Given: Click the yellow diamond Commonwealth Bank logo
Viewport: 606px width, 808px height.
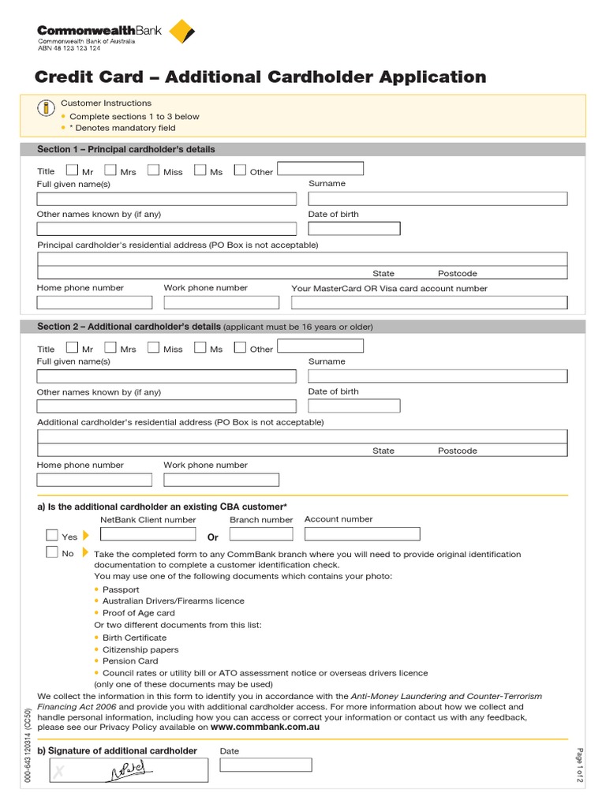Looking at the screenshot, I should coord(182,32).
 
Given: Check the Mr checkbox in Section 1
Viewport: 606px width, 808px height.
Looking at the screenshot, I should coord(73,170).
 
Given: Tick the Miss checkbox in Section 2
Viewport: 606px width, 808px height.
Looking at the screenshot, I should coord(153,347).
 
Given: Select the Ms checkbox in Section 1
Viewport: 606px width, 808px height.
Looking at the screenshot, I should coord(200,170).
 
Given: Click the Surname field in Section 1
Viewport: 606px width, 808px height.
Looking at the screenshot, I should coord(437,198).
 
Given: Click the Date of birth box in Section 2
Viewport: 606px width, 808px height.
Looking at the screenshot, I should coord(353,406).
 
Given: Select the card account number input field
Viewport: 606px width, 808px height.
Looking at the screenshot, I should coord(428,302).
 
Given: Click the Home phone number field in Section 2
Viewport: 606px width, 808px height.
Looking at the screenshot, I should coord(94,480).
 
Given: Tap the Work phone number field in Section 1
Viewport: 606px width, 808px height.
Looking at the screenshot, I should coord(221,302).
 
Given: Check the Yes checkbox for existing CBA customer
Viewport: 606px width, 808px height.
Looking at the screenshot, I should coord(52,536).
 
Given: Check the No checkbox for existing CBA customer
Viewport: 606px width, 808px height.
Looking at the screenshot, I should coord(52,552).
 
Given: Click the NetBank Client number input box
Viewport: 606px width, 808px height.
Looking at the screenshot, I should coord(148,534).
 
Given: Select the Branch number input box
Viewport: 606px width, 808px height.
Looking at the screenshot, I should coord(260,534).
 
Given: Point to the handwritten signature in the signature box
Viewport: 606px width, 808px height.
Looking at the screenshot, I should coord(125,770).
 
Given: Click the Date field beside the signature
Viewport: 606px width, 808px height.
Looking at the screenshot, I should coord(266,765).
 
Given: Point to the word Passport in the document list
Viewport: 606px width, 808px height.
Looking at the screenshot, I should coord(121,589).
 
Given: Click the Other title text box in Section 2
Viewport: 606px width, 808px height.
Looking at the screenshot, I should coord(320,346).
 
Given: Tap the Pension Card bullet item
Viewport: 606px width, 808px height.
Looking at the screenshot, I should coord(130,661).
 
